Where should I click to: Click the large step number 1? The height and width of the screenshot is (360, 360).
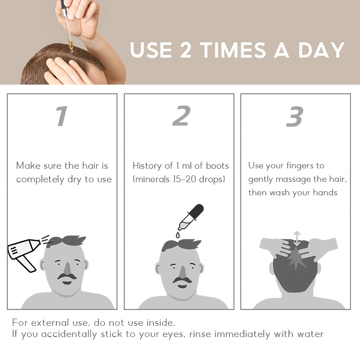(62, 116)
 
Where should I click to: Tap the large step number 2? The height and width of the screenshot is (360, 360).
(181, 116)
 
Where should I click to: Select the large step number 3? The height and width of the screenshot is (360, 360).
(295, 116)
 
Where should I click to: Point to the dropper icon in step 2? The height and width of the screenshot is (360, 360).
(191, 217)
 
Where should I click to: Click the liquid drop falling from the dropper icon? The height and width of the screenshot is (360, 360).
(177, 235)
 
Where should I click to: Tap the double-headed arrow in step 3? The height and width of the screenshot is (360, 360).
(297, 238)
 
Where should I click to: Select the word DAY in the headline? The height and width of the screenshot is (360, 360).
(321, 50)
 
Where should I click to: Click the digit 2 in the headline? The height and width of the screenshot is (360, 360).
(185, 50)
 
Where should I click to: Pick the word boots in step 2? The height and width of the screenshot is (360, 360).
(217, 166)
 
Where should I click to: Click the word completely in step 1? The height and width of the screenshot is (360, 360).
(40, 180)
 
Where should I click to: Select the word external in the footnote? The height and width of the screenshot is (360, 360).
(49, 323)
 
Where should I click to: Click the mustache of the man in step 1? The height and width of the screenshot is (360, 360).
(67, 276)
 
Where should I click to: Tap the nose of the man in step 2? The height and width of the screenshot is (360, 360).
(182, 273)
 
